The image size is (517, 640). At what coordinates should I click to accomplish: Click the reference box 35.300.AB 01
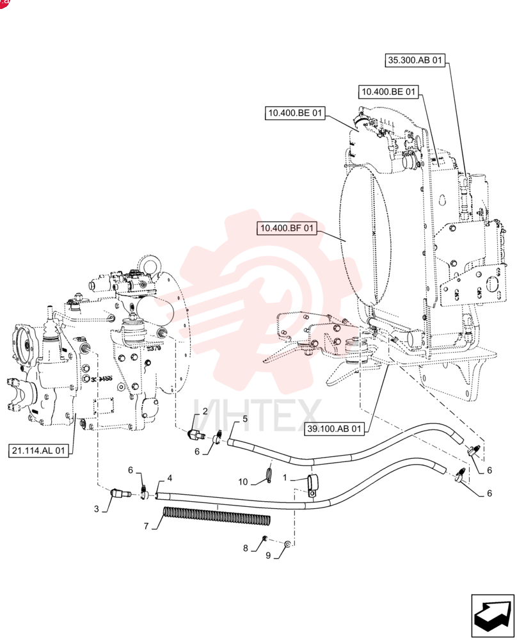415,60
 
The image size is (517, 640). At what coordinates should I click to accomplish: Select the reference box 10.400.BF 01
287,228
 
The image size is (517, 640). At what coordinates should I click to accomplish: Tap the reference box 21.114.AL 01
38,451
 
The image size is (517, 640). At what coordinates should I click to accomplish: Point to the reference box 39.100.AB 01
334,429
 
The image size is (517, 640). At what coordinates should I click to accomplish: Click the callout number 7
146,526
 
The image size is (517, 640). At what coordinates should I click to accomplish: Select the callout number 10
243,482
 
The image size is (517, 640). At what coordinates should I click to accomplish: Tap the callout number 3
97,509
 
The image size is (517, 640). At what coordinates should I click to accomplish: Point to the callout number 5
245,419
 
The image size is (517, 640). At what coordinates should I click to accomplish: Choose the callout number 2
205,411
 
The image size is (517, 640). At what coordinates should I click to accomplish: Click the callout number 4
170,478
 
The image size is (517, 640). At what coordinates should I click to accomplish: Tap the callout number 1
285,477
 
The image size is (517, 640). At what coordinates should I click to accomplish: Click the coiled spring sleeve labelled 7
216,515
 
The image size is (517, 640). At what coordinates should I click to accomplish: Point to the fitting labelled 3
120,493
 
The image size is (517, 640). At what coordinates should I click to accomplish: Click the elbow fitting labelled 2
196,435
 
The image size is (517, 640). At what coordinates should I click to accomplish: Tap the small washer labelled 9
287,544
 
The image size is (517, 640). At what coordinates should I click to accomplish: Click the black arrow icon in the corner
493,616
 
